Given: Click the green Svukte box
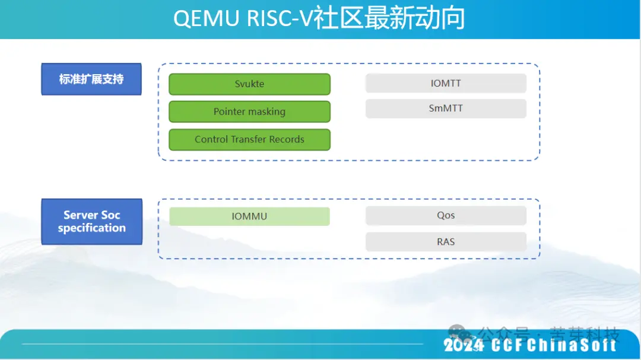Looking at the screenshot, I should pos(249,84).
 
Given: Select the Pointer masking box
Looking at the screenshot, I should pos(249,111).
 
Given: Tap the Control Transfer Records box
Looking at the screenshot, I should pos(249,139).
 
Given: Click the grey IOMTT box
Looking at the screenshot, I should pos(446,84).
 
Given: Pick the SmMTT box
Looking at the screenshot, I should pos(446,109).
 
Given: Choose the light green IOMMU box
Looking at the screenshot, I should pos(249,216).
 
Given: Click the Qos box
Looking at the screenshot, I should pos(446,216).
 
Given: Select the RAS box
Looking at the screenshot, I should pos(446,241).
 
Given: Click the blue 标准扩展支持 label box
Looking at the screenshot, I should pos(91,79).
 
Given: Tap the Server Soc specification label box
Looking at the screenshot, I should pos(91,222).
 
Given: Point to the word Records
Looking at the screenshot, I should pos(284,139).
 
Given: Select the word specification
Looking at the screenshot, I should pos(91,228).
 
